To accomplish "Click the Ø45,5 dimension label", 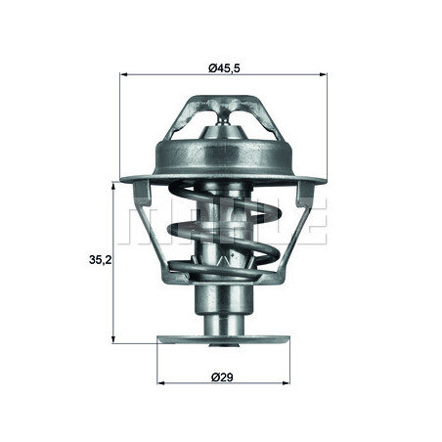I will [x=221, y=66].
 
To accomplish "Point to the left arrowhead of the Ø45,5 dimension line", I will [x=123, y=76].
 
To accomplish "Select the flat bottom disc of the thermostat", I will [x=222, y=340].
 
